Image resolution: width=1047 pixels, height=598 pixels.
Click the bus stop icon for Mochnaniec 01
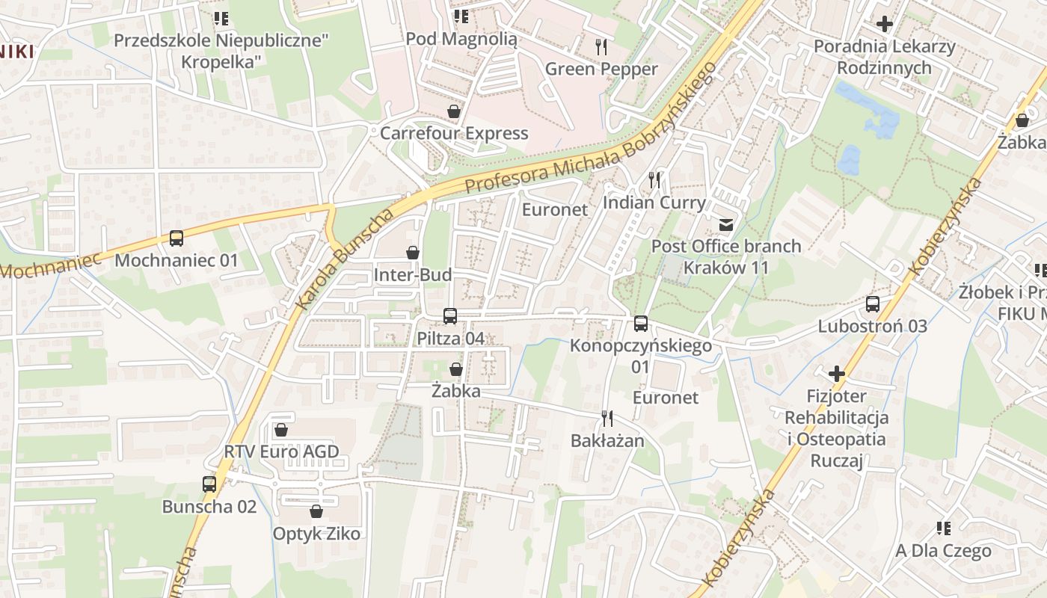point(176,238)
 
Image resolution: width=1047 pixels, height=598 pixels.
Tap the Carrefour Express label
point(454,134)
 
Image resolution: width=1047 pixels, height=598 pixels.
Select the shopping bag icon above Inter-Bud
point(412,253)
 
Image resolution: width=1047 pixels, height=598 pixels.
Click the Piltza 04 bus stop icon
point(450,316)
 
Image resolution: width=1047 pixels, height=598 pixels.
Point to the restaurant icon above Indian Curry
point(654,179)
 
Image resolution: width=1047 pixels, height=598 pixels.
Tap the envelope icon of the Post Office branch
point(725,224)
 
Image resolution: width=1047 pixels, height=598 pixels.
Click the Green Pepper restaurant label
point(601,70)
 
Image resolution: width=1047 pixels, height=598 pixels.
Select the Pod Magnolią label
point(461,39)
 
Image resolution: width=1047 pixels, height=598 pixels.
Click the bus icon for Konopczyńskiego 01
point(641,324)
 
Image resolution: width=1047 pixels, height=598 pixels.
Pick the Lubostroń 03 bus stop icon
point(873,303)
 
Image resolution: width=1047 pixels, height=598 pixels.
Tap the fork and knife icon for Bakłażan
point(607,419)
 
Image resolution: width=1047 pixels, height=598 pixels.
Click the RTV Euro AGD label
point(282,451)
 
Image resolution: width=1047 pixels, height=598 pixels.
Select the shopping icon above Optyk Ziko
point(316,511)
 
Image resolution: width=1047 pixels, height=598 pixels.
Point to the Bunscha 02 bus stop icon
point(209,484)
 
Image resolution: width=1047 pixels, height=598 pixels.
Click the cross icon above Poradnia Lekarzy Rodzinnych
point(885,24)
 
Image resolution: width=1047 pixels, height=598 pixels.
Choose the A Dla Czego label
point(944,551)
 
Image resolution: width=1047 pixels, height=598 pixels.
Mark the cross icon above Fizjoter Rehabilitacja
point(837,373)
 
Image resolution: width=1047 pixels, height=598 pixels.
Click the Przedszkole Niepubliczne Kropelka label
point(221,50)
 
